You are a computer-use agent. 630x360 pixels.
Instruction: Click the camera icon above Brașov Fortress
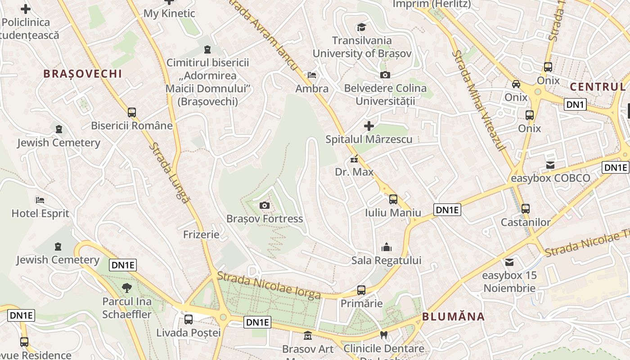[x=265, y=206]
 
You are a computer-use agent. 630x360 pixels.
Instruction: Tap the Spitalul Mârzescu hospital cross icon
[x=369, y=126]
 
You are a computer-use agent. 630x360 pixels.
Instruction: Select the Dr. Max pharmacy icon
[x=354, y=159]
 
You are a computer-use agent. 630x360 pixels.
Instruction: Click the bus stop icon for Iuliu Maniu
[x=393, y=199]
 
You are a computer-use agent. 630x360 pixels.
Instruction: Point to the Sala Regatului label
[x=386, y=261]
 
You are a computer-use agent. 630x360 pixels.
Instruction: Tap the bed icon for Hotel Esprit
[x=40, y=200]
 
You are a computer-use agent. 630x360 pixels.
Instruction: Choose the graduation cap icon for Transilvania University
[x=361, y=27]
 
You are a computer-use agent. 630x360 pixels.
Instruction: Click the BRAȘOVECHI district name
[x=82, y=74]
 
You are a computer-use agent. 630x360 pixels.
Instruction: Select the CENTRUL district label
[x=597, y=86]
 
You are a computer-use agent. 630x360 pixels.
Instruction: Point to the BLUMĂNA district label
[x=453, y=316]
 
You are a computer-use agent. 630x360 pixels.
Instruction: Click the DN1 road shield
[x=576, y=105]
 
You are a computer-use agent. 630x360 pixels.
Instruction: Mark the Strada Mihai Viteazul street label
[x=479, y=100]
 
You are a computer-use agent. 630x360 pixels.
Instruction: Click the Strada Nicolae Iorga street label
[x=269, y=286]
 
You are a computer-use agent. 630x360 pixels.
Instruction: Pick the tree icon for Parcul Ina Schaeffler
[x=127, y=288]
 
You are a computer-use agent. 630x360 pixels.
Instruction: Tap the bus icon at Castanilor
[x=525, y=209]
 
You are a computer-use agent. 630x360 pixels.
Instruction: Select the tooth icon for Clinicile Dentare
[x=384, y=335]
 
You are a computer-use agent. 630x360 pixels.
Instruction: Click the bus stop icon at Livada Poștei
[x=189, y=319]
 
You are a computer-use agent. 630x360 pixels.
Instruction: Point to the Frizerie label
[x=201, y=234]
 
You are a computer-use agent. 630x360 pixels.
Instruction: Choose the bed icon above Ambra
[x=311, y=75]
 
